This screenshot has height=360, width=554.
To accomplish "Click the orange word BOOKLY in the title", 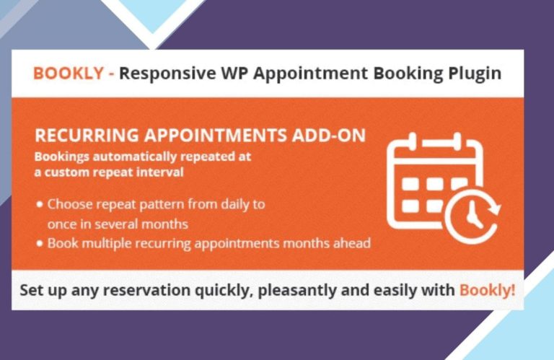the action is point(69,74).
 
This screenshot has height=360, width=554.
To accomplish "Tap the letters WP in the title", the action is point(234,74).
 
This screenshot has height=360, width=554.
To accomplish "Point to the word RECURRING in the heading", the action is point(87,136).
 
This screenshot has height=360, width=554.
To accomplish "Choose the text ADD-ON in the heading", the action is point(329,136).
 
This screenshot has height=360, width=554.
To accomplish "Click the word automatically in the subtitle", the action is point(134,157).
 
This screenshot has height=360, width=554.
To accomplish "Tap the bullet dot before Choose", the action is point(40,205).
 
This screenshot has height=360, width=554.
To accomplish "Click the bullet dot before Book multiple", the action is point(40,243).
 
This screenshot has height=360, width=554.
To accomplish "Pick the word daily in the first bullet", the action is point(235,205).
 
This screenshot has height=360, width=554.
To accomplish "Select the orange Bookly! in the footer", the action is point(487,291).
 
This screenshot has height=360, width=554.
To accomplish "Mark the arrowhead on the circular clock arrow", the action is point(493,208).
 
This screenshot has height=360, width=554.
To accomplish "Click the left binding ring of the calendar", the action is point(412,141).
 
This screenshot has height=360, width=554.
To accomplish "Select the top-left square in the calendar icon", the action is point(410,184).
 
